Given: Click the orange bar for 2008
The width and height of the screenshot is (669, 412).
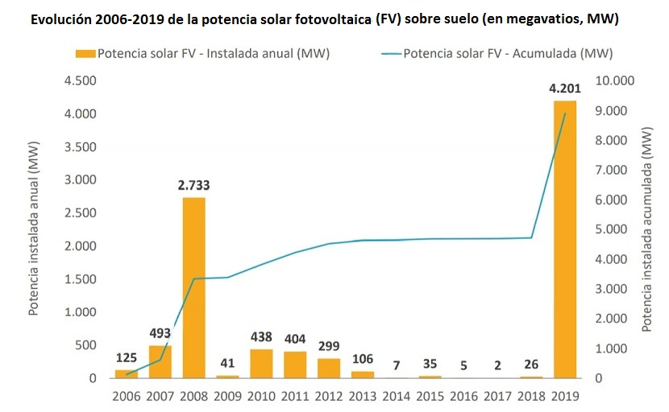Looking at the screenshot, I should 193,287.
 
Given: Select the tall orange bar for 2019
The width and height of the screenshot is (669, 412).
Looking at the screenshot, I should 563,239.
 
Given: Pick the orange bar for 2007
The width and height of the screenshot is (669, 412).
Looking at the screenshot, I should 160,361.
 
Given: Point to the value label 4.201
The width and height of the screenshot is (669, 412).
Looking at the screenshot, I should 563,89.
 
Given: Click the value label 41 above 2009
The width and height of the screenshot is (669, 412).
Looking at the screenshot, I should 227,362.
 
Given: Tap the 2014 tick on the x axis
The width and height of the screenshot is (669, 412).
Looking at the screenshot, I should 396,397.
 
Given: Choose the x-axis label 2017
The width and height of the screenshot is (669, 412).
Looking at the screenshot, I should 497,397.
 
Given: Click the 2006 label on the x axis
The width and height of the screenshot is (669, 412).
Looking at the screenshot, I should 127,397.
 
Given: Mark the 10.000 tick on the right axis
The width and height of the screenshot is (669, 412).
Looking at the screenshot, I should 615,80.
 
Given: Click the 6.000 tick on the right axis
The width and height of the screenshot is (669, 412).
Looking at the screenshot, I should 611,200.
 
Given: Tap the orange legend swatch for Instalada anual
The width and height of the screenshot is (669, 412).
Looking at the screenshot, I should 84,55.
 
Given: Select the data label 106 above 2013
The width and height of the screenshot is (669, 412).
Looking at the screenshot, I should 362,358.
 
